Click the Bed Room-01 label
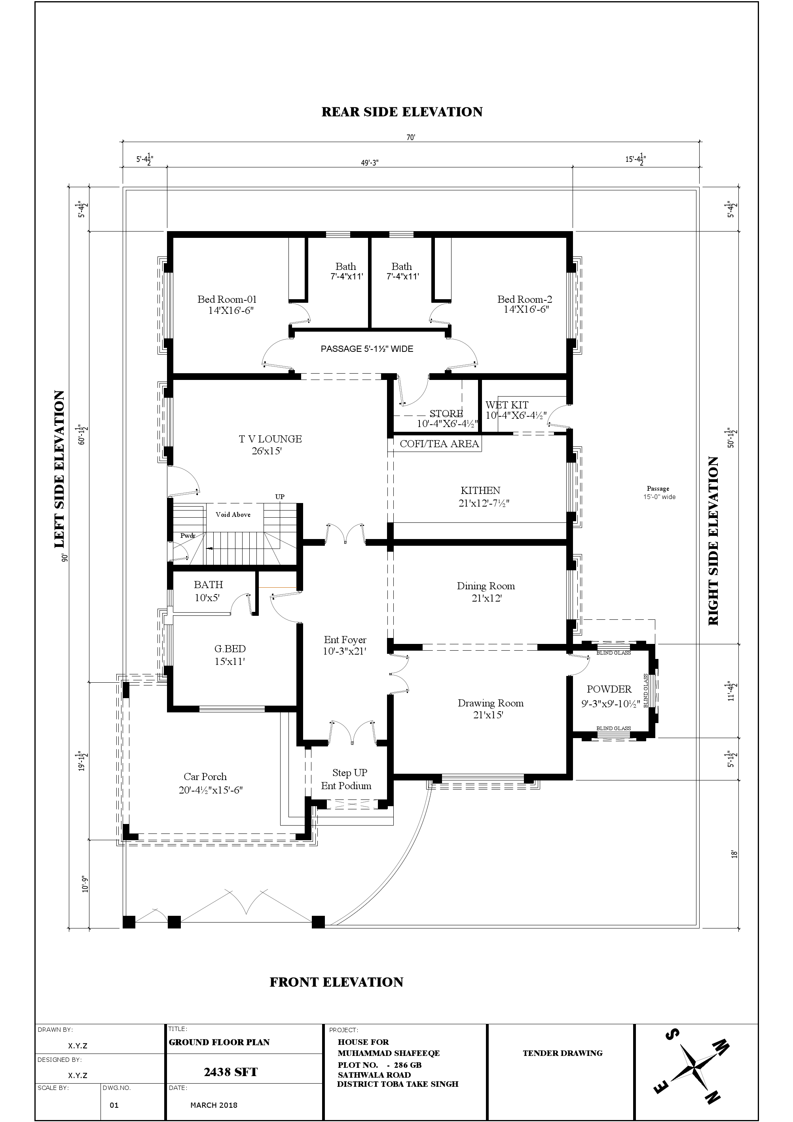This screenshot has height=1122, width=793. click(x=227, y=300)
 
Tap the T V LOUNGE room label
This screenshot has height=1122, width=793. click(x=270, y=439)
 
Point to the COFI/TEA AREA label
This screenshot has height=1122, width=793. click(x=439, y=444)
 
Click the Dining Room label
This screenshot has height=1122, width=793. click(x=486, y=586)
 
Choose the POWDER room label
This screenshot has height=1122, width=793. click(x=609, y=689)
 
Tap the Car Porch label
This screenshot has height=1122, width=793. click(x=205, y=776)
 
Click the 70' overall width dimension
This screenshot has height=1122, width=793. click(x=410, y=138)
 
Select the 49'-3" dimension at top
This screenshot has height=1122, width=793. click(x=370, y=163)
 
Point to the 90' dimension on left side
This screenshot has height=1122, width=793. click(x=64, y=557)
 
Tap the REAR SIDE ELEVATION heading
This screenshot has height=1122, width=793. click(x=402, y=112)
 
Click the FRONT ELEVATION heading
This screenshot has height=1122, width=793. click(x=336, y=982)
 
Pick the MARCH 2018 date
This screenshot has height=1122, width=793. click(x=214, y=1105)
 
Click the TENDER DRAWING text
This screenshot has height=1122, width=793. click(x=562, y=1053)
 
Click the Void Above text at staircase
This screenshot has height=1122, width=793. click(x=233, y=514)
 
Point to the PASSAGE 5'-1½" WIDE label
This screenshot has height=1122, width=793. click(x=366, y=349)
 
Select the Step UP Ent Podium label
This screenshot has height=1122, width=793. click(x=346, y=779)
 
